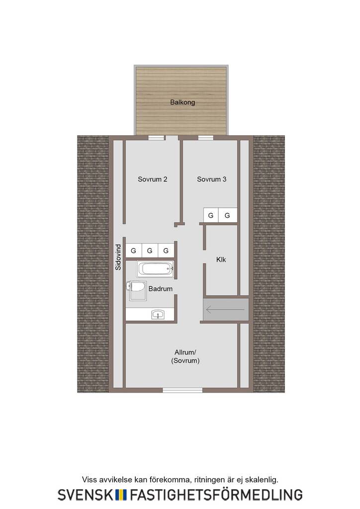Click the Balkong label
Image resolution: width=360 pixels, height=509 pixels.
tap(182, 102)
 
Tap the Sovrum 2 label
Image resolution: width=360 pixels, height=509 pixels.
tap(152, 179)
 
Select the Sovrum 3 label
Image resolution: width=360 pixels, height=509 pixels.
tap(212, 179)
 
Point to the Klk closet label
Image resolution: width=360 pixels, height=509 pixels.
tap(221, 259)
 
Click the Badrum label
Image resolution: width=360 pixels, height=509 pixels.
tap(161, 289)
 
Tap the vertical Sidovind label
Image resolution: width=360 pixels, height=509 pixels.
tap(118, 257)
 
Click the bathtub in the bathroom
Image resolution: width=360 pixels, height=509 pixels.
tap(155, 269)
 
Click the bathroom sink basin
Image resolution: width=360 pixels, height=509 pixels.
tap(158, 315)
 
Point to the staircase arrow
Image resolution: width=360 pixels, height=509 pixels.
tap(225, 310)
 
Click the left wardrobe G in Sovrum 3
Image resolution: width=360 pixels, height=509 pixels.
tap(211, 215)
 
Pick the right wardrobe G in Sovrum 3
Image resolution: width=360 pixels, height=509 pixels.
tap(227, 215)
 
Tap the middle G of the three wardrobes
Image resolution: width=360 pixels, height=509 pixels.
tap(150, 251)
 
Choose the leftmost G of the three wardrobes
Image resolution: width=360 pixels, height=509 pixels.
tap(133, 251)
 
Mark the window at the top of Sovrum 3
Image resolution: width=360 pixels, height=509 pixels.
tap(206, 138)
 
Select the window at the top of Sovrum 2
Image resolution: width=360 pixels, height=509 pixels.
tap(156, 138)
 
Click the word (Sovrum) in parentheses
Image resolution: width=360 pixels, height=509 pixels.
tap(185, 361)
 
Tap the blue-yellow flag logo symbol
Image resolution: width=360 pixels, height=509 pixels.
tap(121, 495)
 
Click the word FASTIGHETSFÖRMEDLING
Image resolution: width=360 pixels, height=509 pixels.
tap(216, 494)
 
